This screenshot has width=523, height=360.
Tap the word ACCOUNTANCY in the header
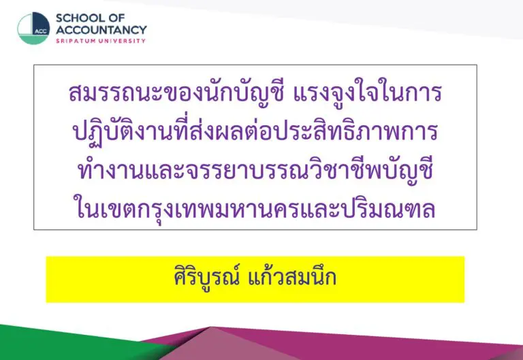101,30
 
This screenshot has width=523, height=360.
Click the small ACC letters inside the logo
41,32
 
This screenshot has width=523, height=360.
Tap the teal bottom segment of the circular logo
33,40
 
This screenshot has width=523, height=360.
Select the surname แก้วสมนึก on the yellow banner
293,278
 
